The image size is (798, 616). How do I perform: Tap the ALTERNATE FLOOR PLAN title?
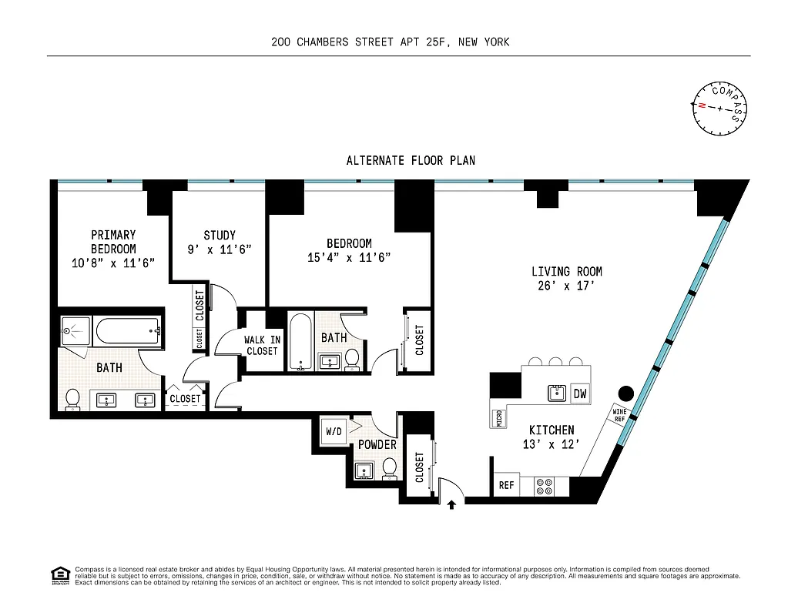pos(411,161)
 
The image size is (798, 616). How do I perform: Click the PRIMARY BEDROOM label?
pos(113,241)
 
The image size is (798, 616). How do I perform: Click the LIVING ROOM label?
pos(567,271)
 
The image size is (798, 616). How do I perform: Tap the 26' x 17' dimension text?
pos(567,286)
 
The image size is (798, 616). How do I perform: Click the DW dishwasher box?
pos(581,393)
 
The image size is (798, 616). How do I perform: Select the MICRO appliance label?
pos(500,417)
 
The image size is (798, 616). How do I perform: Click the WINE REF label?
pos(619,415)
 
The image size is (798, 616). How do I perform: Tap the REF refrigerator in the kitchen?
pos(506,486)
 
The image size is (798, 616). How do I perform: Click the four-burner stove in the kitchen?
pos(544,486)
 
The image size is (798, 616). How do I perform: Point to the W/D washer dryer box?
pos(334,430)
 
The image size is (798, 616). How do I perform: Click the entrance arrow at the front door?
pos(451,505)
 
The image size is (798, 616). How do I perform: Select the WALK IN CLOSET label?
pos(261,346)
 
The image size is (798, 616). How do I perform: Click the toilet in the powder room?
pos(390,467)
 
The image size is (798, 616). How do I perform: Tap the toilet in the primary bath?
pos(73,398)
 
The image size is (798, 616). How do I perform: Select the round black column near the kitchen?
pos(626,393)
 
